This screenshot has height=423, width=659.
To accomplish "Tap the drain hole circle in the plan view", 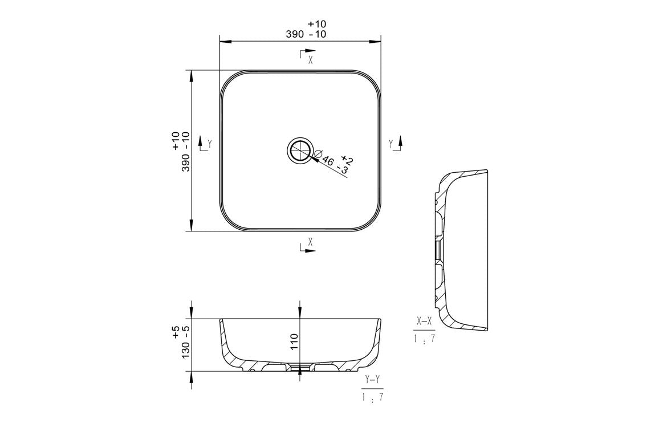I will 300,151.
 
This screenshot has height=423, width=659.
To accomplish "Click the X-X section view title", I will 424,322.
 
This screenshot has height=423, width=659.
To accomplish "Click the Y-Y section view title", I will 373,379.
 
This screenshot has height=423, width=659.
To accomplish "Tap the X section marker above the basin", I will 308,58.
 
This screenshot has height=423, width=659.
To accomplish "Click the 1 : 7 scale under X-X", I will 424,339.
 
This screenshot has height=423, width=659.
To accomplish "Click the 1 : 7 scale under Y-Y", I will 373,397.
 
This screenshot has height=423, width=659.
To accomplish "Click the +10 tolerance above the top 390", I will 316,24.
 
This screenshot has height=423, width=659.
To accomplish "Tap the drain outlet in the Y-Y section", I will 300,368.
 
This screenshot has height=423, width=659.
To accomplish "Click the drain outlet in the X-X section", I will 438,250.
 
